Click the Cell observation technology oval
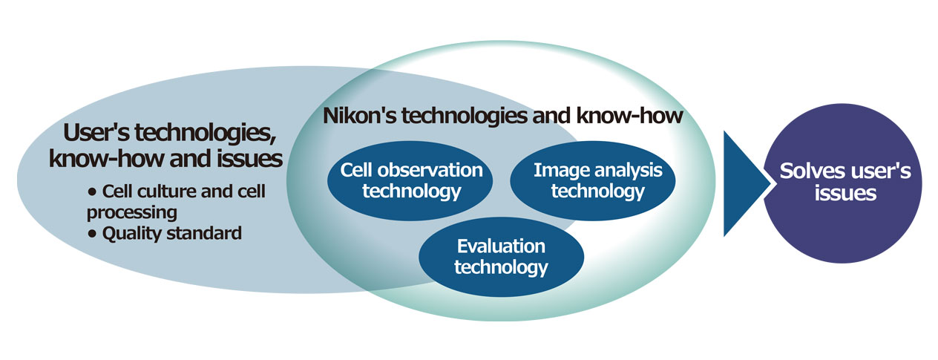[410, 180]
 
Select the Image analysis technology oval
[592, 180]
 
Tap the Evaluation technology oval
[501, 257]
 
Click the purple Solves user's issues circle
[842, 183]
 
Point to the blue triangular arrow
[744, 183]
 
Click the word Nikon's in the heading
[360, 116]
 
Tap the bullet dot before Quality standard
[92, 234]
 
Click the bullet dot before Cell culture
[92, 192]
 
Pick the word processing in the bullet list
[132, 213]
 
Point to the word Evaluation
[501, 246]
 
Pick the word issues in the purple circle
[845, 194]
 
